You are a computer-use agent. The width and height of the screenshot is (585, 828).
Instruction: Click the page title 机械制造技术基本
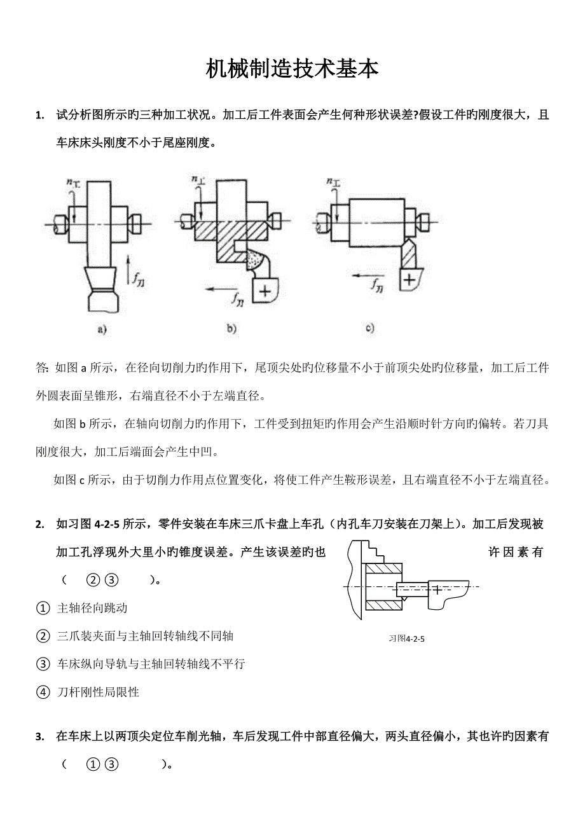coord(292,69)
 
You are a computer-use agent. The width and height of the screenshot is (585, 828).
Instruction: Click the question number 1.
coord(40,116)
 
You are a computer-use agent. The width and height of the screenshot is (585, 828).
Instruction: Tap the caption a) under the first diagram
coord(100,329)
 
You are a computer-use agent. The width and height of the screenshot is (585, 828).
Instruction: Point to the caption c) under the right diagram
coord(369,328)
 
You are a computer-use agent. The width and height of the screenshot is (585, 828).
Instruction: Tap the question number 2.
coord(40,525)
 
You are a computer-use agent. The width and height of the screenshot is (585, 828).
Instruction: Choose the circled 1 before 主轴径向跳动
coord(43,609)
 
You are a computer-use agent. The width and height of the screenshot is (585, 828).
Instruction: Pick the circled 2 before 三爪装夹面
coord(43,636)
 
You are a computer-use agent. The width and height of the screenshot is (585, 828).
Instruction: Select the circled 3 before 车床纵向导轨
coord(43,664)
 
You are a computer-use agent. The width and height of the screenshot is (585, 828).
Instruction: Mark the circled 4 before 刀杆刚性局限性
coord(43,692)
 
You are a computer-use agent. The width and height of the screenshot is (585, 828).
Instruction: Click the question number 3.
coord(40,737)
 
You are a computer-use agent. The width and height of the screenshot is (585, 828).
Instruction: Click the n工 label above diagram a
coord(74,183)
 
